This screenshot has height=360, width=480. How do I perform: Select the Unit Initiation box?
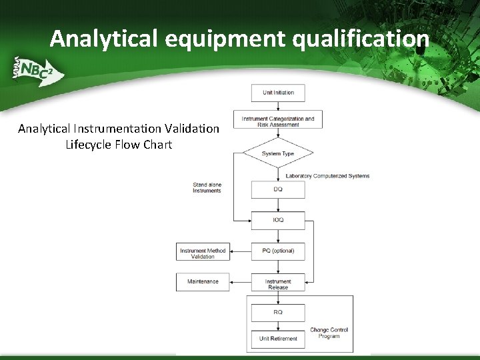pyautogui.click(x=278, y=93)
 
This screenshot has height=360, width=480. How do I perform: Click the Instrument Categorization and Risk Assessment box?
pyautogui.click(x=278, y=121)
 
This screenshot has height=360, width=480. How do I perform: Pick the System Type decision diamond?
pyautogui.click(x=278, y=153)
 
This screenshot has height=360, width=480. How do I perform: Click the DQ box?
pyautogui.click(x=278, y=189)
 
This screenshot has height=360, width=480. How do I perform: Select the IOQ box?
pyautogui.click(x=278, y=220)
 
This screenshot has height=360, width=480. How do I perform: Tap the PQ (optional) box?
pyautogui.click(x=278, y=251)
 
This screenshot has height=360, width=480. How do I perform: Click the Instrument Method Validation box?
pyautogui.click(x=203, y=253)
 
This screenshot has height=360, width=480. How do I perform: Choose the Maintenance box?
pyautogui.click(x=203, y=281)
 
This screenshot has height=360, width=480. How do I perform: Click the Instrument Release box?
pyautogui.click(x=278, y=283)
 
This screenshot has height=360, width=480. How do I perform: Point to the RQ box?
pyautogui.click(x=278, y=312)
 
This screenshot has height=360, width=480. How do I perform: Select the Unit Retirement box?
pyautogui.click(x=278, y=339)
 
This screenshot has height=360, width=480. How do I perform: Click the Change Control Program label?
pyautogui.click(x=329, y=333)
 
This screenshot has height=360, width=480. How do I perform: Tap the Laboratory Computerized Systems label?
pyautogui.click(x=327, y=176)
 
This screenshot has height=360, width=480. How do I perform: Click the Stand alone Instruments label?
pyautogui.click(x=207, y=187)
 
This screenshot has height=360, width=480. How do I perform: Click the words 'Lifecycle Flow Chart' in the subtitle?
pyautogui.click(x=119, y=144)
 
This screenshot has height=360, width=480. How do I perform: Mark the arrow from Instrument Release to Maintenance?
pyautogui.click(x=240, y=281)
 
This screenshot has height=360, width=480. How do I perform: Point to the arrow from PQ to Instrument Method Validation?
pyautogui.click(x=240, y=251)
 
